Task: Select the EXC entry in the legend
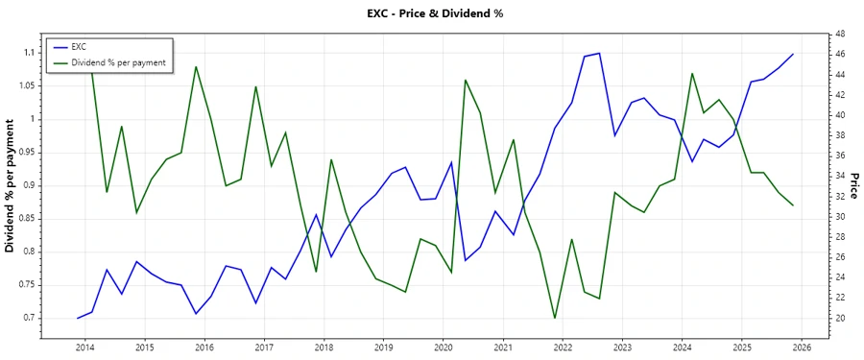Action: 79,46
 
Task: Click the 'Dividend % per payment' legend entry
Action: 118,61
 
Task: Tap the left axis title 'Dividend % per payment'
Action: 11,185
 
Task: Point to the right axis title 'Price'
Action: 853,185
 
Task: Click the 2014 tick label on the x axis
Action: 84,347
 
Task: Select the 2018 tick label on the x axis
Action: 324,347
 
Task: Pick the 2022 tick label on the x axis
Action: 563,347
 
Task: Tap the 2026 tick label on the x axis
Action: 803,347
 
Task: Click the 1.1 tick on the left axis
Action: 27,53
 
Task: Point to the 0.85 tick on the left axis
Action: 24,219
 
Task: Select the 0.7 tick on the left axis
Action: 27,318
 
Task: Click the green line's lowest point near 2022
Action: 554,318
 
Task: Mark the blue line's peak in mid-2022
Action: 599,53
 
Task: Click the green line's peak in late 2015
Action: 196,66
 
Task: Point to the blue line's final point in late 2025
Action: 793,54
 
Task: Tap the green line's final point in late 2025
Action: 793,205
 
